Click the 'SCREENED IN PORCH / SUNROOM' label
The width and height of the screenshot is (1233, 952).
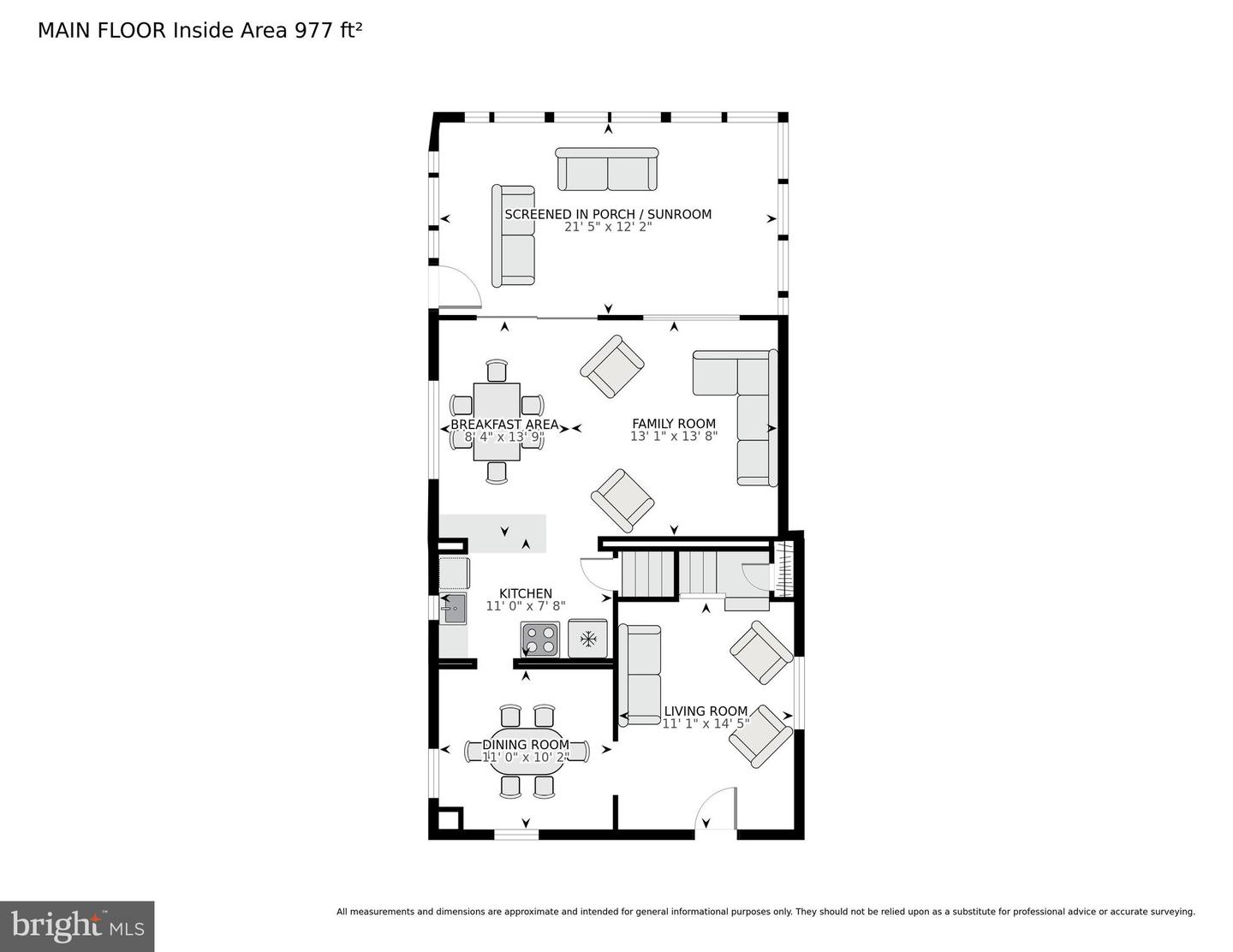608,214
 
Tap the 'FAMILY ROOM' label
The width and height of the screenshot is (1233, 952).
674,424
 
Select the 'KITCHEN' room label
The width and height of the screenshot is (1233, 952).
526,593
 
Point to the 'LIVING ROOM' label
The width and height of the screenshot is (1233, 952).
706,711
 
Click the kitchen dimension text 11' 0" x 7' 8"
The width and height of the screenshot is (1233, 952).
526,606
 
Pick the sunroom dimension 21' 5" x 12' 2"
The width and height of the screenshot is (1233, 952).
608,228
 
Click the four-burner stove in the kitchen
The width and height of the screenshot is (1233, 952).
540,638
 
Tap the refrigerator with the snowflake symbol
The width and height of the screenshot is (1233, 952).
587,638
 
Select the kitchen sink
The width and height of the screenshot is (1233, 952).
453,609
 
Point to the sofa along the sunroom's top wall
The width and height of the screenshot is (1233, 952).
607,170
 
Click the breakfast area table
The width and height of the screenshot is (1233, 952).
497,421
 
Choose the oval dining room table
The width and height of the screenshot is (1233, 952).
527,752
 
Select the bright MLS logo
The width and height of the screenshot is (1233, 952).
77,926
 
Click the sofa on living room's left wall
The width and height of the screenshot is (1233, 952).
640,675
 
